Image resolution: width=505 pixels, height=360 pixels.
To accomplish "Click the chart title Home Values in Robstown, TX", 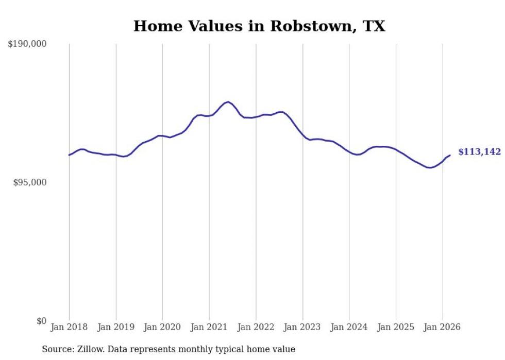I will click(259, 26).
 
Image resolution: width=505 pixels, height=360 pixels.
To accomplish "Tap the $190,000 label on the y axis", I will click(27, 44).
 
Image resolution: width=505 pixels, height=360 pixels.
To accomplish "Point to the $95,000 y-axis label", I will click(29, 182).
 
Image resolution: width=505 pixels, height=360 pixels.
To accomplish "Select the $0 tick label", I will click(42, 321).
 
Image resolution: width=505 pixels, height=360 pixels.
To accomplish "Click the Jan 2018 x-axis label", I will click(69, 327).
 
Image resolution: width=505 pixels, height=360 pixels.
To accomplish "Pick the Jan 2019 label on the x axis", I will click(116, 327).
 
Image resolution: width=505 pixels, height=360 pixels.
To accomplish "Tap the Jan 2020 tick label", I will click(162, 327).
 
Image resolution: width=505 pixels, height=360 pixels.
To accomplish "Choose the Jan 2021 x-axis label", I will click(209, 327).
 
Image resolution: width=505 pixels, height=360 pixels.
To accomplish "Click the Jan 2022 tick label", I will click(256, 327).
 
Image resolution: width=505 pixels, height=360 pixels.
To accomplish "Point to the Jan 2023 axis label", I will click(302, 327).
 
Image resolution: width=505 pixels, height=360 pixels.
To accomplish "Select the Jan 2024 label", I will click(349, 327).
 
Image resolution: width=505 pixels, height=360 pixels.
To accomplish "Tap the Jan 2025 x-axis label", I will click(396, 327).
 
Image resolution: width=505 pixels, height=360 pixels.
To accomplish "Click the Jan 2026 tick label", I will click(443, 327).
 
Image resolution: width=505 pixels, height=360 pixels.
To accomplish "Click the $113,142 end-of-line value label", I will click(479, 151).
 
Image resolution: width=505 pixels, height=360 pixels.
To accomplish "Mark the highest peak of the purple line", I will click(227, 102).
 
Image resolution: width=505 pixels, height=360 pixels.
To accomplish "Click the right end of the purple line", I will click(450, 155).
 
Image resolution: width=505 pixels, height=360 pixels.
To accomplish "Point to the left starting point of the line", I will click(69, 155).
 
